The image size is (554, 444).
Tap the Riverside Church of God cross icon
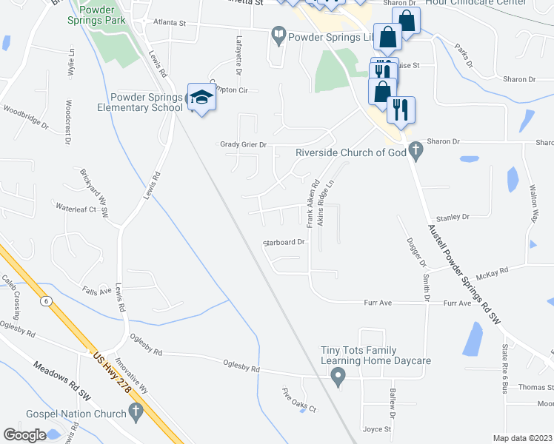[415, 152]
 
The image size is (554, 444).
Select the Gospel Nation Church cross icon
[135, 411]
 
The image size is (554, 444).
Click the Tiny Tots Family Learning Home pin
[338, 377]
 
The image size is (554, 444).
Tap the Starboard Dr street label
[285, 242]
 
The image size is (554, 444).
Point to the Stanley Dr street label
[453, 218]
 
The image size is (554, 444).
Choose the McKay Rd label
[492, 272]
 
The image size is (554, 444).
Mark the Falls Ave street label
[97, 291]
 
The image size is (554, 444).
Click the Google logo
[24, 434]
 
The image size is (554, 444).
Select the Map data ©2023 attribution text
[522, 438]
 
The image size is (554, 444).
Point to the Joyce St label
[376, 429]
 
